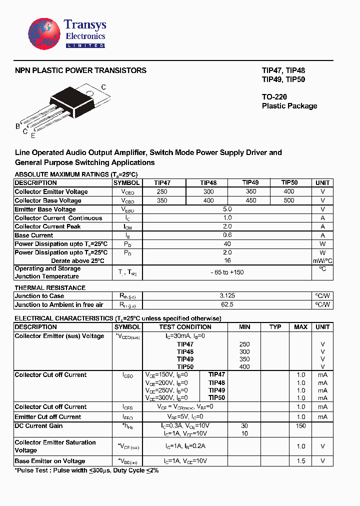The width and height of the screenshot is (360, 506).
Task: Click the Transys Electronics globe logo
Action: (45, 34)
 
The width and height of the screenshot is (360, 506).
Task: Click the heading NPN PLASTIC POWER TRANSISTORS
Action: (80, 70)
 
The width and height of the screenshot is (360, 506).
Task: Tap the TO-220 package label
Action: (274, 96)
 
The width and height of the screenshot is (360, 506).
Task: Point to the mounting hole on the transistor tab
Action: (90, 93)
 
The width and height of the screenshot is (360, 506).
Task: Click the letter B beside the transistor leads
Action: (17, 126)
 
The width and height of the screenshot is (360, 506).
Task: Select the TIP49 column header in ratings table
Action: (250, 183)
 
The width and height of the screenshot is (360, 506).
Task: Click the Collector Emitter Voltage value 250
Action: (162, 192)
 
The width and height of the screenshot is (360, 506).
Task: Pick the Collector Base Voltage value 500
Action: (289, 200)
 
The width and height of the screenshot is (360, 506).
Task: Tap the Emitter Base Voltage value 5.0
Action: (227, 209)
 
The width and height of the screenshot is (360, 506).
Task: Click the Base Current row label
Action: (34, 235)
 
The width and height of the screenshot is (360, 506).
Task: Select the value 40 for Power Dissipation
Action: (227, 244)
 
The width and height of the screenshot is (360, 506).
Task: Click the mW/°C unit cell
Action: (322, 261)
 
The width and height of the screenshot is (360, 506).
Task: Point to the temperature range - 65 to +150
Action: (227, 272)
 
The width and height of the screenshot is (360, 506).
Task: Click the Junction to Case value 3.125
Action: (227, 296)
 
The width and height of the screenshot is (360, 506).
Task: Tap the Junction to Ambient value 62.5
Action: (227, 304)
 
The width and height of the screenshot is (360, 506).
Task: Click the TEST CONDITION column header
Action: (185, 327)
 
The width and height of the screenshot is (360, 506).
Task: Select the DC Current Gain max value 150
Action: (300, 426)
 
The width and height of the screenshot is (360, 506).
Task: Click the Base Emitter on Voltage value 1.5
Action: (300, 461)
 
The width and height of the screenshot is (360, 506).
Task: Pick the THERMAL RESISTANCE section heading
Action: (50, 288)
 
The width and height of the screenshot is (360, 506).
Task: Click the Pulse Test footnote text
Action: (86, 471)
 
